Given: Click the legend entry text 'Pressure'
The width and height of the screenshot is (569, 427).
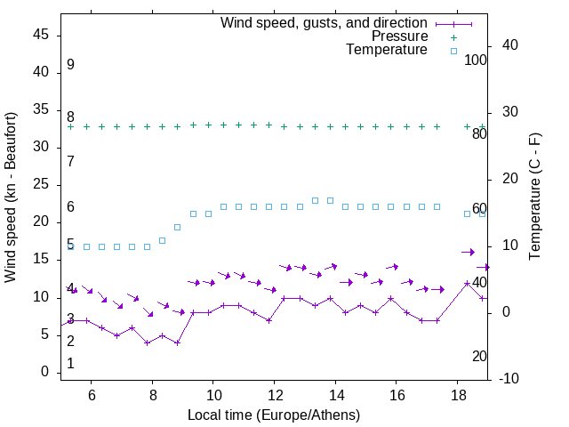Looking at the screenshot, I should [x=399, y=36].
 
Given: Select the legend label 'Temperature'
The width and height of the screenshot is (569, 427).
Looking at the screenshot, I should [x=387, y=50].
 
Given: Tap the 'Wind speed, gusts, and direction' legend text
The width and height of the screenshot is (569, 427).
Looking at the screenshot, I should [x=324, y=22].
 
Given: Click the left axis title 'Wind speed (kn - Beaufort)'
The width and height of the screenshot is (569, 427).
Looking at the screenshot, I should [x=11, y=197].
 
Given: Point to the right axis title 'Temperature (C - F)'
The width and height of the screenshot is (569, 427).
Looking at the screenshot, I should [x=534, y=197].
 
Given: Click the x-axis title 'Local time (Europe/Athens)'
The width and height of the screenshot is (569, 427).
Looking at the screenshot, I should [x=274, y=415].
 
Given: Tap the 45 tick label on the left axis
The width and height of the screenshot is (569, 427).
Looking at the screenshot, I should [x=41, y=35].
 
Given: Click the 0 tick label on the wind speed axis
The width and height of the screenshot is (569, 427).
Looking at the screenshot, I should [x=45, y=373].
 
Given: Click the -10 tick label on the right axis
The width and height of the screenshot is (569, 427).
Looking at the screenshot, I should [x=511, y=380].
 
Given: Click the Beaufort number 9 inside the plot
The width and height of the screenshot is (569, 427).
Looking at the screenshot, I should [x=70, y=65].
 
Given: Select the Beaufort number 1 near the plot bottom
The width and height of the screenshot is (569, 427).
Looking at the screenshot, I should [x=70, y=364].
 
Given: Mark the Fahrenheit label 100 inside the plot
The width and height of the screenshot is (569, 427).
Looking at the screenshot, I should [x=476, y=60].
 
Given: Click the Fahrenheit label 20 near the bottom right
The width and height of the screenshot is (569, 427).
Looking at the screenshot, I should [x=479, y=357].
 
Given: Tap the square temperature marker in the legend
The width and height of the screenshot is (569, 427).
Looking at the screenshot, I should [x=453, y=51].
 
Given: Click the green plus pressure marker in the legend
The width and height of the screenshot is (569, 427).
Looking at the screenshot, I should [x=453, y=37].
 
